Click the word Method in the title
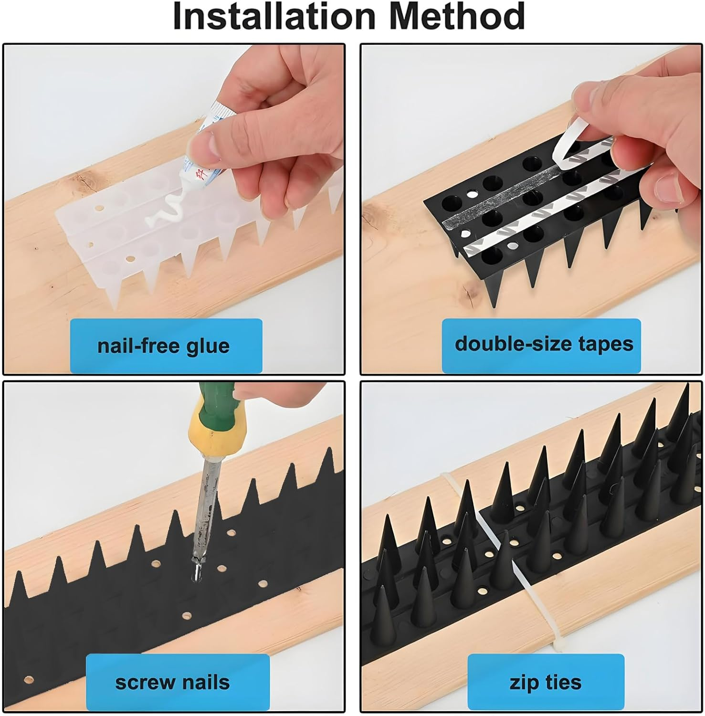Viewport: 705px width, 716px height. pyautogui.click(x=457, y=16)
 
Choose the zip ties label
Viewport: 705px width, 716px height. pyautogui.click(x=545, y=683)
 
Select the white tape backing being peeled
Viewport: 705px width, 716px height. pyautogui.click(x=570, y=143)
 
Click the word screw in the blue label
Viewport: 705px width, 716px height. pyautogui.click(x=145, y=683)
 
